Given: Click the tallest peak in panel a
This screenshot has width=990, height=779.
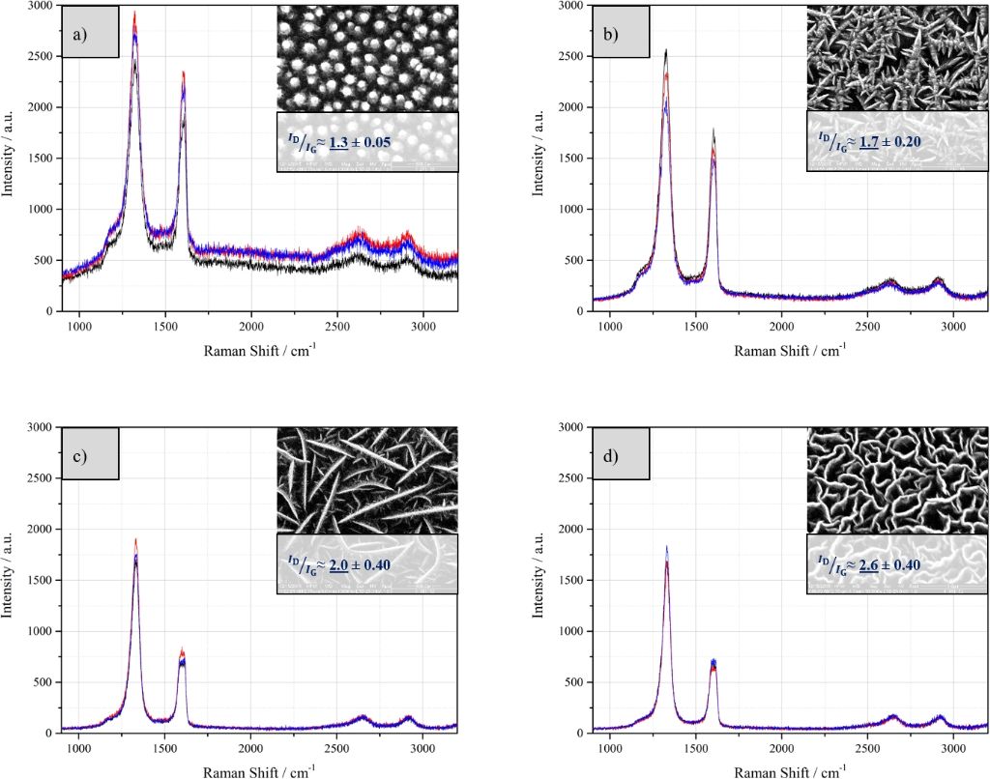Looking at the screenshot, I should tap(134, 14).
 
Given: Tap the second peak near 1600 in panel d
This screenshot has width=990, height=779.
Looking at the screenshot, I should tap(713, 662).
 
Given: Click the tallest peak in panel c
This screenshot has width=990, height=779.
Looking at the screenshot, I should tap(135, 540).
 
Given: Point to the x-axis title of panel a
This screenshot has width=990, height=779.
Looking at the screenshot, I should tap(259, 349).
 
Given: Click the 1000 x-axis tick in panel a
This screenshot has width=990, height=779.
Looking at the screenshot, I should tap(79, 327).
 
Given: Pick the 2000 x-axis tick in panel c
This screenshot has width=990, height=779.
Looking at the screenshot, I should tap(251, 748).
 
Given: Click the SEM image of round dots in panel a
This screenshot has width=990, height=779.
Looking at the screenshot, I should tap(367, 58).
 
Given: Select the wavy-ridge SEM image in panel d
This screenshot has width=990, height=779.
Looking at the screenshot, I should tap(897, 479).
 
